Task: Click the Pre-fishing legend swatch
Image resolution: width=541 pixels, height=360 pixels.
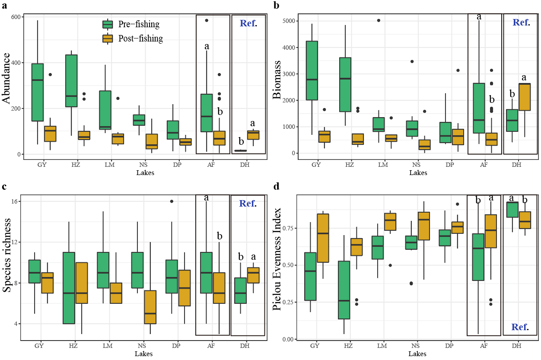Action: click(108, 24)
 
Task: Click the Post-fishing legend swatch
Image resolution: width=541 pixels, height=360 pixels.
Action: click(108, 38)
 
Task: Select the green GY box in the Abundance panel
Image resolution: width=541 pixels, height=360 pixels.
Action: click(38, 92)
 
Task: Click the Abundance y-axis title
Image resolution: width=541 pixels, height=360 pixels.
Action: click(7, 85)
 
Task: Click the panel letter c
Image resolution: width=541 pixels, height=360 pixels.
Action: click(4, 187)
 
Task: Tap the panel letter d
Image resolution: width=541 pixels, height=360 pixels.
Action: click(276, 187)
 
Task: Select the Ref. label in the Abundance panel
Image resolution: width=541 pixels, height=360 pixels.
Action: click(248, 23)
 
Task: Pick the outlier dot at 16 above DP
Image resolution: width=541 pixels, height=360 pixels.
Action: click(172, 201)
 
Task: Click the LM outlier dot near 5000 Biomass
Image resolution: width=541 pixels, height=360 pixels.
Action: click(379, 20)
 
